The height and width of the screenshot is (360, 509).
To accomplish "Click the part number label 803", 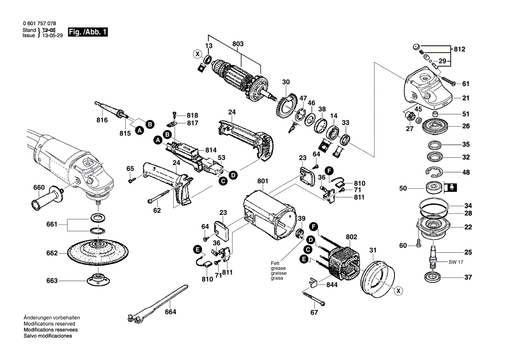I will coord(238,44).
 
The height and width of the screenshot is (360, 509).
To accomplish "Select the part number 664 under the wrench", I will coord(170,312).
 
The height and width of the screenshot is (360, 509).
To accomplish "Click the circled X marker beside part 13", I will coord(198,54).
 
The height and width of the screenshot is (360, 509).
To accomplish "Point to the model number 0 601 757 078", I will coord(39,23).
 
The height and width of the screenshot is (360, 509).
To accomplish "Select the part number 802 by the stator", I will coord(351,237).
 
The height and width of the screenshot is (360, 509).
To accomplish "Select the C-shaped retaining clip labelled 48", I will coord(435,172).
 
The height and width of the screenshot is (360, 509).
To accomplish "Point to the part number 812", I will coord(459,49).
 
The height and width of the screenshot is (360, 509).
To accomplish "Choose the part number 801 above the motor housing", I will coord(263,180).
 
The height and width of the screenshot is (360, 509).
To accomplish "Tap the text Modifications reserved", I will coord(49,324).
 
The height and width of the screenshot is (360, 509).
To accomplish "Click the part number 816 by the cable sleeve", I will coord(102,120).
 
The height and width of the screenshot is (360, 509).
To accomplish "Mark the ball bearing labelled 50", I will coord(434,188).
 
